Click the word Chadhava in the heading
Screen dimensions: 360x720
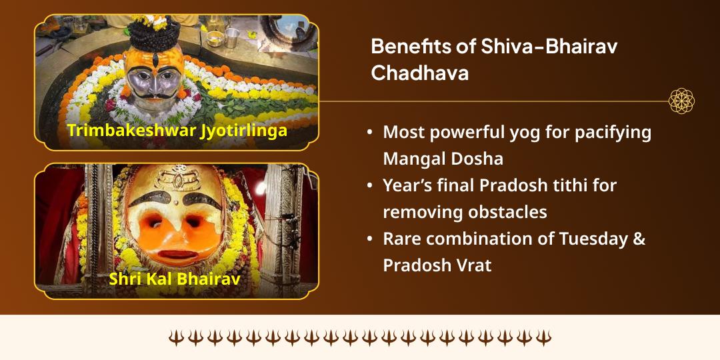coord(419,73)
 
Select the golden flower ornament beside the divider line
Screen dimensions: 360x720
coord(681,101)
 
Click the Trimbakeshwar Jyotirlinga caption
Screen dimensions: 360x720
coord(177,130)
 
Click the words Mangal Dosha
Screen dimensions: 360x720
coord(443,159)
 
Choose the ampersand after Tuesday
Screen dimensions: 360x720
coord(638,239)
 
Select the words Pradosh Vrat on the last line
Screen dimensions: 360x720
coord(437,265)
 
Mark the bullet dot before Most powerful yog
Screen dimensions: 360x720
coord(369,133)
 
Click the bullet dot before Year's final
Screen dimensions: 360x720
coord(369,186)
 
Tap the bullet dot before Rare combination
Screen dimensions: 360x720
coord(369,239)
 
